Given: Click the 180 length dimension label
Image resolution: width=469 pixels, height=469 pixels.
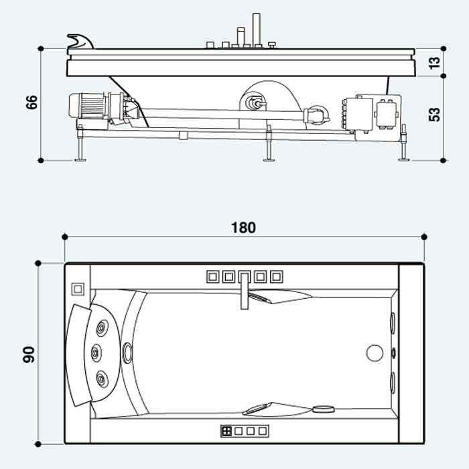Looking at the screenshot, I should tap(243, 228).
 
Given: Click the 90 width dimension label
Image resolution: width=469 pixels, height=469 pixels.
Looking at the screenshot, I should tap(29, 354).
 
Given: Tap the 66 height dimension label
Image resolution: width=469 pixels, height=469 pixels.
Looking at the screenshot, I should tap(31, 103).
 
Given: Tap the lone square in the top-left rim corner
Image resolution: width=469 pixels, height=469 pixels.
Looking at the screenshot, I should tap(78, 289).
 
